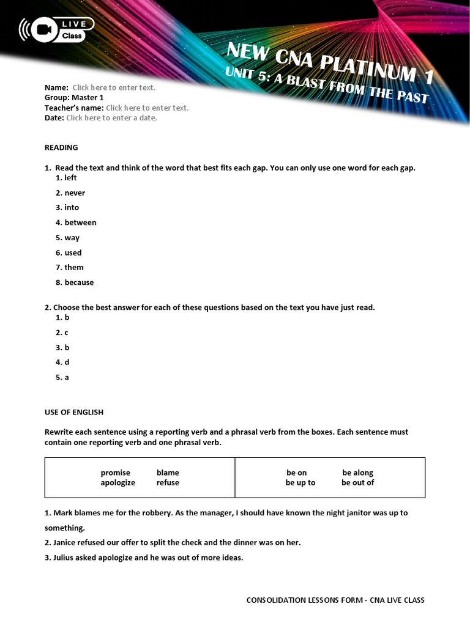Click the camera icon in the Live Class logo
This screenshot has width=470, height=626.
[x=43, y=29]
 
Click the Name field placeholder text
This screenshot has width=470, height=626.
[x=114, y=87]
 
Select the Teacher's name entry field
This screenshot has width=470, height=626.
[x=147, y=108]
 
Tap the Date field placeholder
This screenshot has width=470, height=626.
[x=111, y=117]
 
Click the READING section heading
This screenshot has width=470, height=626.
[x=61, y=147]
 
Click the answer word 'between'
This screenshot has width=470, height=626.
[x=80, y=223]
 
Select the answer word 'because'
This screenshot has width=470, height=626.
[x=79, y=282]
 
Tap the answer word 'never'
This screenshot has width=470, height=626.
[x=75, y=193]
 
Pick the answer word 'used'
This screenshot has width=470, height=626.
[x=73, y=252]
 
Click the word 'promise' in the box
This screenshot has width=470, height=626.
[x=116, y=473]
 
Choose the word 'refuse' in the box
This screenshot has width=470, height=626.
[x=168, y=482]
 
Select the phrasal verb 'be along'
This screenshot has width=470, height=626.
[x=357, y=473]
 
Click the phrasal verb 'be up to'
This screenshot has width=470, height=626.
[x=300, y=482]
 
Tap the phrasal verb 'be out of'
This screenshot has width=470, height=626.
[x=357, y=482]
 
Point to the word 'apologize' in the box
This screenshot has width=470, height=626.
[x=117, y=482]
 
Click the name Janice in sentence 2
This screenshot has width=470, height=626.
[x=67, y=542]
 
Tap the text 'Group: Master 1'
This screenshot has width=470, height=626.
[x=74, y=97]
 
